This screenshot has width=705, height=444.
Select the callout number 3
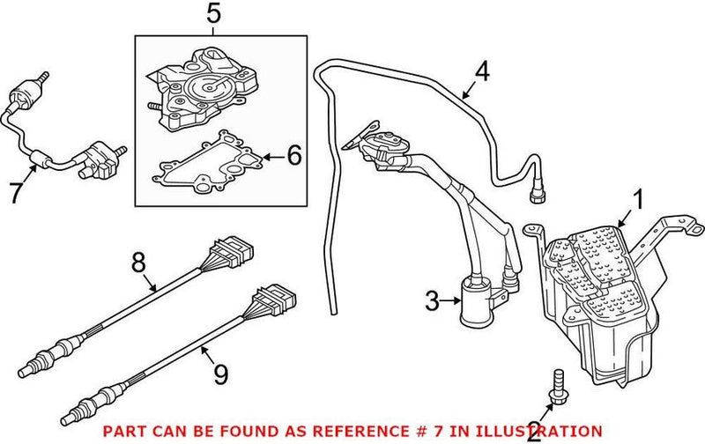[x=432, y=302]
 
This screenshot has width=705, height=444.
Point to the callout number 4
[x=479, y=70]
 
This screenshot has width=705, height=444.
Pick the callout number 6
[x=293, y=156]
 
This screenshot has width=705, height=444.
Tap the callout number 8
[x=137, y=263]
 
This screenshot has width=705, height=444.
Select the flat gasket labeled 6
[x=209, y=165]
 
